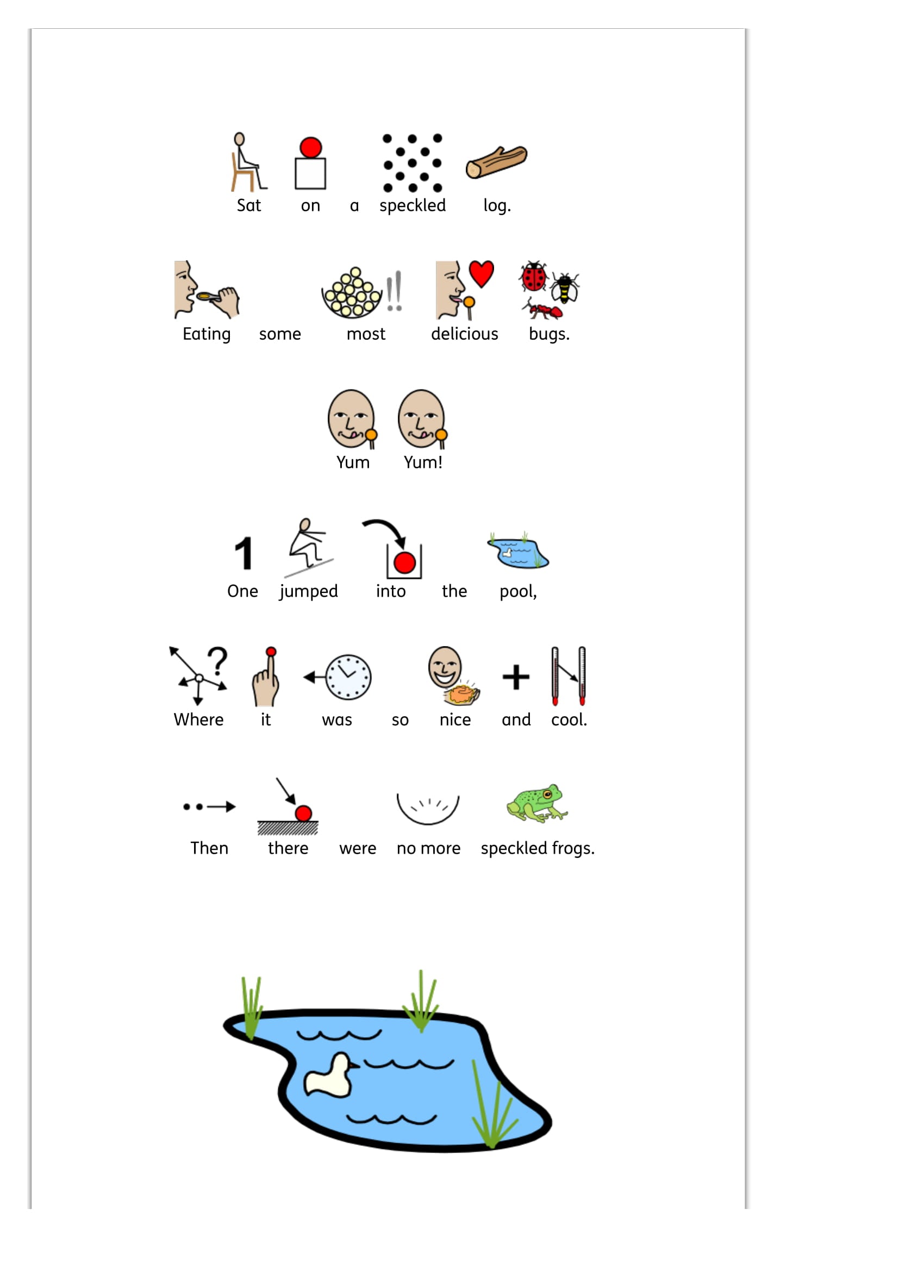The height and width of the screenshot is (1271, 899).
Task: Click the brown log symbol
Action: coord(496,161)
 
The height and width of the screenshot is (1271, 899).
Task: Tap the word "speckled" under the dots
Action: coord(413,206)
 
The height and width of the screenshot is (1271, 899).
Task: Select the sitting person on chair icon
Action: coord(247,161)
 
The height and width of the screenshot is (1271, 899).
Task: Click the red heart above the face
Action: coord(481,273)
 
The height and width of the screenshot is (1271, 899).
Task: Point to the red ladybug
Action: coord(534,276)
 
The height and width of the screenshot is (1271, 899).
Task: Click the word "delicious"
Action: coord(464,334)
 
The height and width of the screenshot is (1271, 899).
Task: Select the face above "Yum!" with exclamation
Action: coord(422,419)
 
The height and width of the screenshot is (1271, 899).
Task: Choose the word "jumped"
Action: coord(308,591)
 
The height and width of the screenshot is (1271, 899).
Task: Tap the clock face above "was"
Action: coord(348,677)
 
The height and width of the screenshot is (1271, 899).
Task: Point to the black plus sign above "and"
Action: coord(516,677)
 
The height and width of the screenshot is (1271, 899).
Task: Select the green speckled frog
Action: coord(537,803)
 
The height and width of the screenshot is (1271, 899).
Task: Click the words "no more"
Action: coord(428,849)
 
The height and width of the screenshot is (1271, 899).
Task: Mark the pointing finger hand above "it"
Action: coord(266,677)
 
